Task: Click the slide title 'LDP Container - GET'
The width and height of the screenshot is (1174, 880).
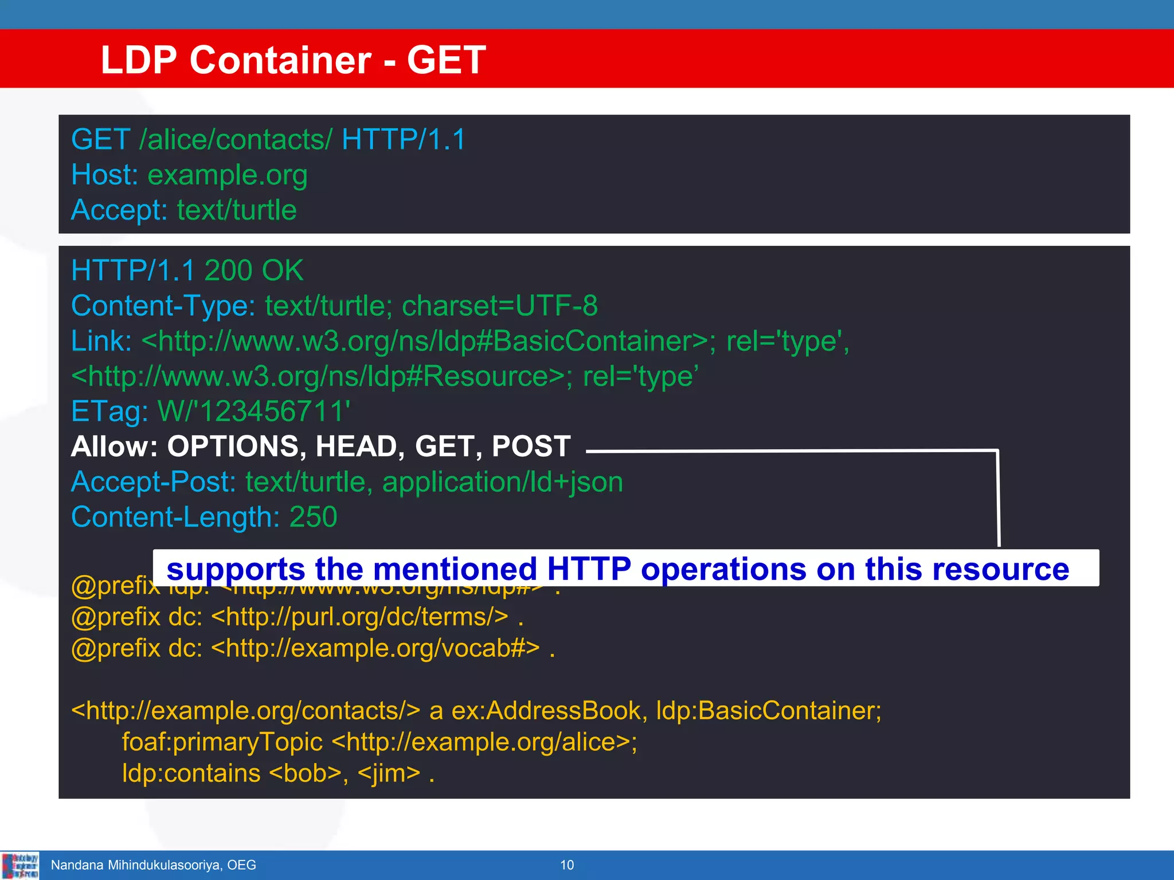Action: pyautogui.click(x=293, y=60)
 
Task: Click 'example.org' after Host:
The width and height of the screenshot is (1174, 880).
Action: pyautogui.click(x=227, y=175)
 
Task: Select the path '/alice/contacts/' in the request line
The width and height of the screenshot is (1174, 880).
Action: pyautogui.click(x=235, y=140)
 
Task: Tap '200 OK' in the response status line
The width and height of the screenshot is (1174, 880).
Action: pyautogui.click(x=253, y=270)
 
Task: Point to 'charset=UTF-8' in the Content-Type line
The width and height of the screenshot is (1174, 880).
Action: pyautogui.click(x=499, y=306)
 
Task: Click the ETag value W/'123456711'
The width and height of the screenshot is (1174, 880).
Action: pyautogui.click(x=253, y=411)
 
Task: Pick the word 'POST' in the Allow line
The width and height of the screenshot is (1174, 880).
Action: pyautogui.click(x=531, y=446)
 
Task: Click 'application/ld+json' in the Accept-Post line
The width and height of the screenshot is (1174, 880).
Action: pyautogui.click(x=502, y=482)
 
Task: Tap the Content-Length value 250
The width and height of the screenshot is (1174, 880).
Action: pyautogui.click(x=313, y=517)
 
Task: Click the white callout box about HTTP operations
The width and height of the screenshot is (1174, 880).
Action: pyautogui.click(x=625, y=568)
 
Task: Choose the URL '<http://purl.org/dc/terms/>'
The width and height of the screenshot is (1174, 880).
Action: pyautogui.click(x=359, y=617)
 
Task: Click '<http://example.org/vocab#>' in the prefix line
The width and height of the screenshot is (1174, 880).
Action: pyautogui.click(x=375, y=648)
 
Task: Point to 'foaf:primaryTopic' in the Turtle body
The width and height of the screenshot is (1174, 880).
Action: pyautogui.click(x=222, y=742)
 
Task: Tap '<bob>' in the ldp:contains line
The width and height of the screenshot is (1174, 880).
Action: pyautogui.click(x=305, y=773)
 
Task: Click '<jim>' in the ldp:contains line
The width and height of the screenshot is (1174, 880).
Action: pyautogui.click(x=389, y=773)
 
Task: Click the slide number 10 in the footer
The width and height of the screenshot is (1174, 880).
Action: pyautogui.click(x=567, y=865)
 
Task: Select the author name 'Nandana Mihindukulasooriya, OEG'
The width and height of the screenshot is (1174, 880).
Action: pyautogui.click(x=153, y=865)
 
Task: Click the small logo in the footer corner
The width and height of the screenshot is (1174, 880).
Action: pyautogui.click(x=20, y=865)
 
